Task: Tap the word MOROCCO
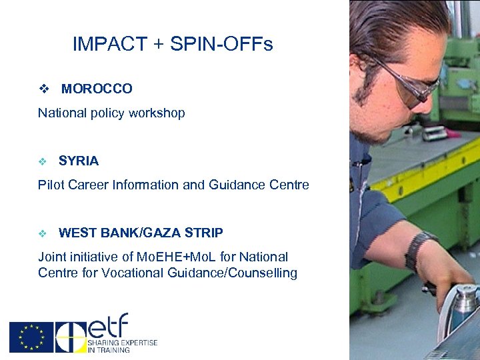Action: [x=97, y=89]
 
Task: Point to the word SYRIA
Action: [x=79, y=161]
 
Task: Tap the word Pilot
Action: [x=51, y=185]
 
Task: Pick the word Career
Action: [x=87, y=185]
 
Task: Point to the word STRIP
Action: [x=204, y=233]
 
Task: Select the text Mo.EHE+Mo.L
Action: [x=169, y=257]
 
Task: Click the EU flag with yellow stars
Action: [x=31, y=337]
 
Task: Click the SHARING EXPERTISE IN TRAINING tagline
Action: [x=122, y=346]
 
